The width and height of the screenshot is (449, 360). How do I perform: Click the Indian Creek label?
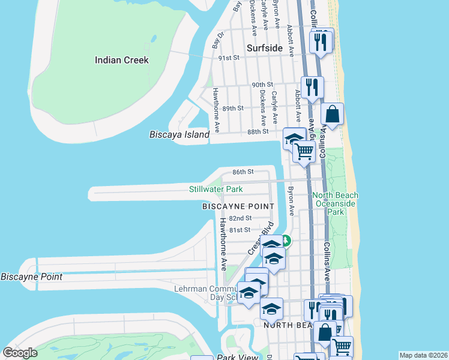pos(121,60)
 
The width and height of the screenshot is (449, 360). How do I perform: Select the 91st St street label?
pos(229,58)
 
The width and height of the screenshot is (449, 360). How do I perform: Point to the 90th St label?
pos(262,85)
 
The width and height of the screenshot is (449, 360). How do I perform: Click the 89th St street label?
pos(233,108)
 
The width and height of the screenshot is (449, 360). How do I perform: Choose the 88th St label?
pos(258,132)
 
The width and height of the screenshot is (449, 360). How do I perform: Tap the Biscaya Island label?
pos(179,135)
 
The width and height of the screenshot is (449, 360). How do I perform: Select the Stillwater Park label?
pos(216,189)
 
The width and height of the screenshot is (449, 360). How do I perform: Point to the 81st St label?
pos(240,230)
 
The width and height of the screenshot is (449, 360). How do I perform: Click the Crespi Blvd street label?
pos(260,238)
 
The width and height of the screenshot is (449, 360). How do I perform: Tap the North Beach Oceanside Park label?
pos(335,203)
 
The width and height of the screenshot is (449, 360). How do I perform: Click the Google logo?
pos(20,353)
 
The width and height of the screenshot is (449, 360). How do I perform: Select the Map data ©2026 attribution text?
pos(423,355)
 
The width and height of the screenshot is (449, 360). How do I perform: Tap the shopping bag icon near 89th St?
pos(332,113)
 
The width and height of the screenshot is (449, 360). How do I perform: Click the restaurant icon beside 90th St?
pos(312,86)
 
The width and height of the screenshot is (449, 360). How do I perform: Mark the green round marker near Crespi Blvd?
pos(286,242)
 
